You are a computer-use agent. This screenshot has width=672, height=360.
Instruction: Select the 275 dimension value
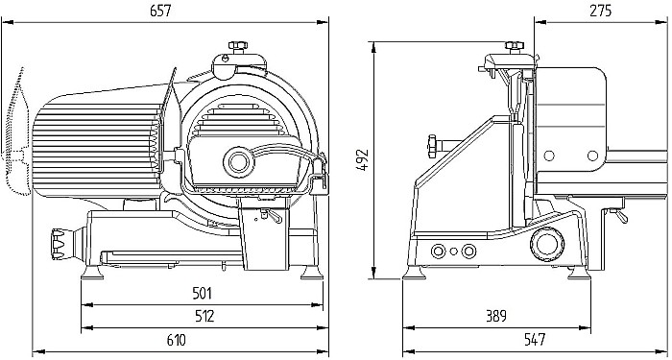[601, 12]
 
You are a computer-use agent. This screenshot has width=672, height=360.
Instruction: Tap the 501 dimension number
[203, 292]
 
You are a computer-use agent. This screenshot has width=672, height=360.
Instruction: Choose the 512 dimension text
[203, 315]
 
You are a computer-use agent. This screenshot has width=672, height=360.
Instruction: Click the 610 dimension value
[177, 339]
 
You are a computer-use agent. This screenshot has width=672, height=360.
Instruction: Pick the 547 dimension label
[535, 339]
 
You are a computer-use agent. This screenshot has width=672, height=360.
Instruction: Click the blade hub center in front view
[235, 158]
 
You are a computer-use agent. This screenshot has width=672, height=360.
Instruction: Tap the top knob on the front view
[235, 47]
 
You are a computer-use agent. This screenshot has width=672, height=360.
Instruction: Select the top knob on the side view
[516, 46]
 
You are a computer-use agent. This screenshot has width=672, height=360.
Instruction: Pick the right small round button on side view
[468, 252]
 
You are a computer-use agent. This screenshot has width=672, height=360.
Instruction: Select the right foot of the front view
[309, 274]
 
